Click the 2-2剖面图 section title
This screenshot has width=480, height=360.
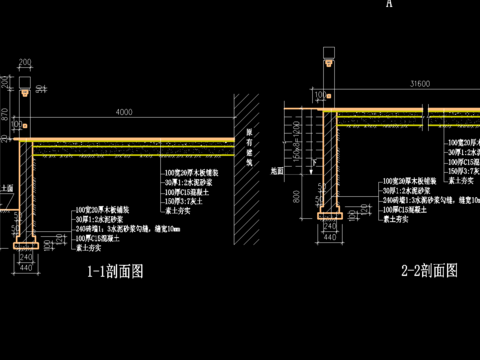click(429, 270)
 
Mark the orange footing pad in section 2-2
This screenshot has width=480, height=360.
click(330, 213)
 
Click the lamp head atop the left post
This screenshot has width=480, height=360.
click(23, 85)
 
